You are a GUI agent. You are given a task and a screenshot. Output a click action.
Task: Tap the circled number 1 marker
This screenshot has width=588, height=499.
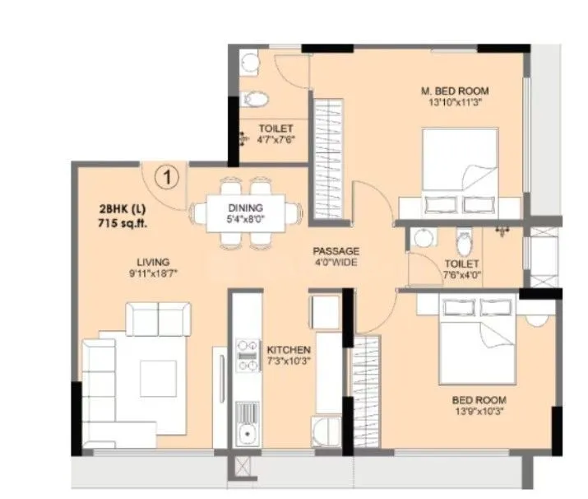(x=167, y=175)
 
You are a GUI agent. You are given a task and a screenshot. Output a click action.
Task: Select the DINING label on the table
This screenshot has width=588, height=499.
(x=244, y=208)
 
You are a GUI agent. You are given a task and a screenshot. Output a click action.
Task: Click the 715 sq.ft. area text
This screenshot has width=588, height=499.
(x=123, y=223)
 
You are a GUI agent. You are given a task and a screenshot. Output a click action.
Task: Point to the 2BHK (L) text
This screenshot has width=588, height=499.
(x=122, y=209)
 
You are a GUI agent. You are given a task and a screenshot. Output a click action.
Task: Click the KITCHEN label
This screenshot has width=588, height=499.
(x=289, y=349)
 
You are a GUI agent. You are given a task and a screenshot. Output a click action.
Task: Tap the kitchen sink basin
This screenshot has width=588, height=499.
(x=246, y=434)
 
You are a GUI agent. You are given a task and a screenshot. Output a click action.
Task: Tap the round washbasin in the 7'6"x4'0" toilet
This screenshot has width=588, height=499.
(x=424, y=237)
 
